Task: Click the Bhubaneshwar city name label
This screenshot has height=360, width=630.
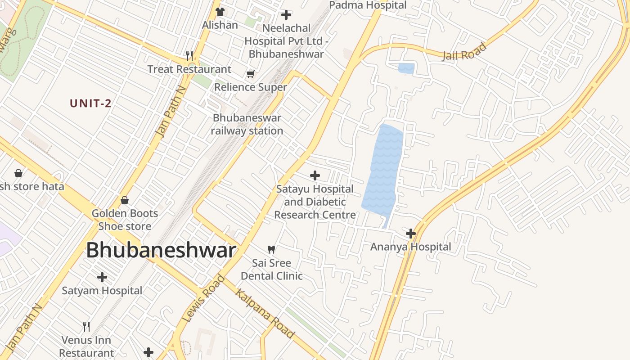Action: point(161,250)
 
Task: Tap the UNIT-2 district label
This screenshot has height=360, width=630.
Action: point(90,103)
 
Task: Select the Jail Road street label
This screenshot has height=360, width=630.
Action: point(465,52)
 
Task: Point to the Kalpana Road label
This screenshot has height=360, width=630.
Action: point(265,314)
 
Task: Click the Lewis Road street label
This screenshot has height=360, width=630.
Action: point(204,298)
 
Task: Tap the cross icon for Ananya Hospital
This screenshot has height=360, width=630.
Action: point(410,234)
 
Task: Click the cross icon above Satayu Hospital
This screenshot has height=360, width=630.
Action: point(315,175)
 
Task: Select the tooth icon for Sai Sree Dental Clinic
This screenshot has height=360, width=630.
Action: point(271,249)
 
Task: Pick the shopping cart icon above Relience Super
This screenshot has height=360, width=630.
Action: point(250,74)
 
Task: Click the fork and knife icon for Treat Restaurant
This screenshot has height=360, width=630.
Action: point(189,56)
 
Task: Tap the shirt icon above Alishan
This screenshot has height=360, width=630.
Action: point(220,11)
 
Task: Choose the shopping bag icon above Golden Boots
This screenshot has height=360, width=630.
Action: point(125,200)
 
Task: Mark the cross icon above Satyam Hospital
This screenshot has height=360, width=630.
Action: point(102,277)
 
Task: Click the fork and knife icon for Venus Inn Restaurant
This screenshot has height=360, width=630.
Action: point(86,326)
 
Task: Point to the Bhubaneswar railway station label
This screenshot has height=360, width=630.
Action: point(247,124)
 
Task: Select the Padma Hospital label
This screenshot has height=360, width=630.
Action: point(368,5)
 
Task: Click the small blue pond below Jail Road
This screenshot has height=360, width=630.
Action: point(406,68)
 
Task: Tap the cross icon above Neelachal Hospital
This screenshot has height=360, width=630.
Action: point(286,15)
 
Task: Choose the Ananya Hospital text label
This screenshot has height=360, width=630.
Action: point(410,247)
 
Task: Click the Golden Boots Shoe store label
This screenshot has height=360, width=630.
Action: point(125,220)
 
